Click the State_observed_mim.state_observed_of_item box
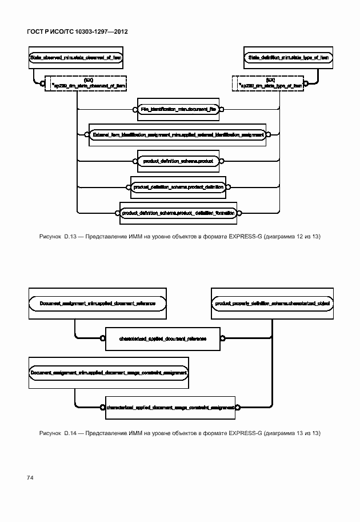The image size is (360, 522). (x=75, y=58)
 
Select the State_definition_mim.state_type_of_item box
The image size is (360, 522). (x=288, y=58)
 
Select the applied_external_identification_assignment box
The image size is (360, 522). (x=178, y=135)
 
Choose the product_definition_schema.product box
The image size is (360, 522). (x=178, y=161)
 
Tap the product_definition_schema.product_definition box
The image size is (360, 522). (x=178, y=187)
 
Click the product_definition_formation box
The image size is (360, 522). (x=178, y=213)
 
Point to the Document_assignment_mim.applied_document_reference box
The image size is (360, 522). (x=98, y=302)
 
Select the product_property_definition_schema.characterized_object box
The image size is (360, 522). (x=272, y=302)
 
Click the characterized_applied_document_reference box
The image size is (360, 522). (x=163, y=338)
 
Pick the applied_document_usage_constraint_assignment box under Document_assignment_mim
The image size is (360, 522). (x=109, y=372)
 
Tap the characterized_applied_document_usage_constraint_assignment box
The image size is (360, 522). (x=170, y=408)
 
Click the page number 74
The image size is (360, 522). (x=30, y=476)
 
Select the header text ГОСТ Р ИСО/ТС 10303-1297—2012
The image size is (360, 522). (x=77, y=31)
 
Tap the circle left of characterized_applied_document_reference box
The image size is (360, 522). (x=103, y=338)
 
